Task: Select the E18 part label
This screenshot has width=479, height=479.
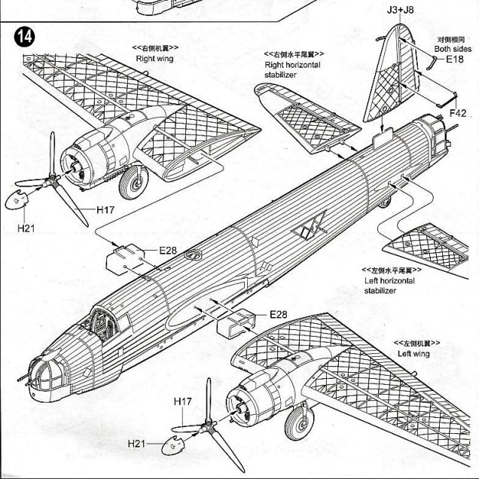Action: coord(455,59)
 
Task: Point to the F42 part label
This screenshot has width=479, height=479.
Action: coord(459,113)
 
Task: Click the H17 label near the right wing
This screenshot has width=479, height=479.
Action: coord(105,211)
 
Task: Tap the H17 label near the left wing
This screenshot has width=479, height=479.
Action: coord(183,402)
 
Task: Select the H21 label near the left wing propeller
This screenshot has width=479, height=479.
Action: coord(136,444)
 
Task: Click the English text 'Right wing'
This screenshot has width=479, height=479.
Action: coord(155,58)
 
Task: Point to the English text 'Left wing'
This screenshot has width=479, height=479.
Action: coord(413,353)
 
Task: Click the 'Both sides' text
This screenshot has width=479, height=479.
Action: coord(452,49)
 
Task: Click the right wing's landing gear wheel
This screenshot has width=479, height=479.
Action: coord(136,182)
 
